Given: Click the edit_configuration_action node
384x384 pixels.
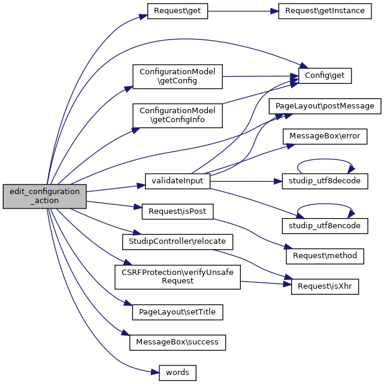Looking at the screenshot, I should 45,196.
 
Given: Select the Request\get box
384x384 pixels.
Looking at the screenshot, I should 177,11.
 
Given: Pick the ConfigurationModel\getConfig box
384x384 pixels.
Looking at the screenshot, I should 177,75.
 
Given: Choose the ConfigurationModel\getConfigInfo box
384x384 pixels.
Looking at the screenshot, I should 177,116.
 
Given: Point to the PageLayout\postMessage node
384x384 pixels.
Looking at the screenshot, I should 324,105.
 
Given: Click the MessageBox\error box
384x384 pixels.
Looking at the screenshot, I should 324,136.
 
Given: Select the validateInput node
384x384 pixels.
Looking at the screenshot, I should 177,180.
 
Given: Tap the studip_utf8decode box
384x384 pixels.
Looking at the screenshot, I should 324,180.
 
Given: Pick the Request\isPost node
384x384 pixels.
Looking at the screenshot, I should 177,211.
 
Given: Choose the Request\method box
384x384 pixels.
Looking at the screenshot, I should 324,255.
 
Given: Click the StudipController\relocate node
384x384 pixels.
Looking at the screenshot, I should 177,241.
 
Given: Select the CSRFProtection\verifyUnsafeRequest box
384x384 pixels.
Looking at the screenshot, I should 177,276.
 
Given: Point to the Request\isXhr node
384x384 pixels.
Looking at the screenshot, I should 324,286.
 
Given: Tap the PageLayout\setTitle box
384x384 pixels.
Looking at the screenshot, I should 177,312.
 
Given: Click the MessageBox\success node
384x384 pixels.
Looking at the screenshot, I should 177,342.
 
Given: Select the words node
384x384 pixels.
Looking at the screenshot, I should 177,373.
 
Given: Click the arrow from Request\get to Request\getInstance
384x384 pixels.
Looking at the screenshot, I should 243,11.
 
